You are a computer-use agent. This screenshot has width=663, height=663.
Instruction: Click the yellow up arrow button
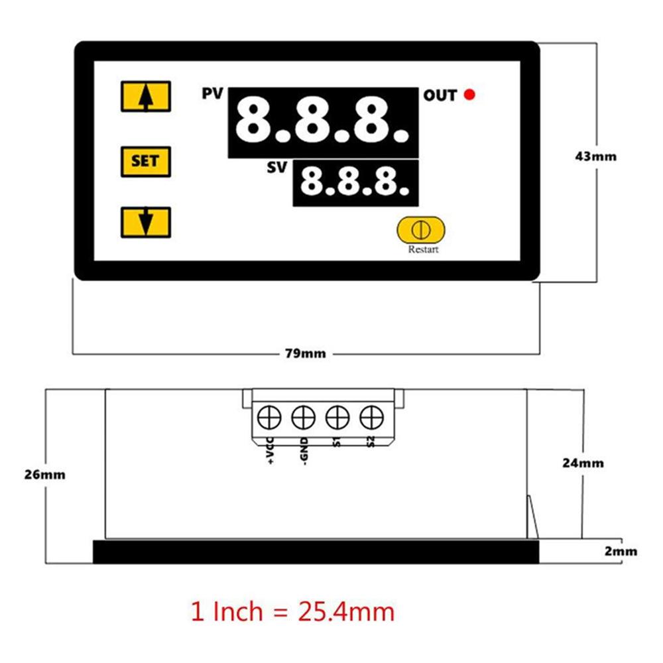pos(146,96)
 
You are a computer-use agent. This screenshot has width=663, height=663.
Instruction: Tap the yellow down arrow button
pos(146,222)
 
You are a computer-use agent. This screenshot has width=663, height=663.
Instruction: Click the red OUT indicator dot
pos(469,94)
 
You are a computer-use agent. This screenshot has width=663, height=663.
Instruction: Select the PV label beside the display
pos(212,93)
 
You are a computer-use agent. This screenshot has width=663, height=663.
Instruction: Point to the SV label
pos(277,168)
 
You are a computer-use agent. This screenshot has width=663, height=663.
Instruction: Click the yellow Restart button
pos(421,230)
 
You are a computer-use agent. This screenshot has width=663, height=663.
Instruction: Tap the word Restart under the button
pos(423,249)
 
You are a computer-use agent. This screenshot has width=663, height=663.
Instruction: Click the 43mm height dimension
pos(595,156)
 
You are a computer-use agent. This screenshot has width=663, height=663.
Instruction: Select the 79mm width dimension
pos(305,353)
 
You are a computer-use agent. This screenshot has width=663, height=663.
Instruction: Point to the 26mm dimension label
pos(45,475)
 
